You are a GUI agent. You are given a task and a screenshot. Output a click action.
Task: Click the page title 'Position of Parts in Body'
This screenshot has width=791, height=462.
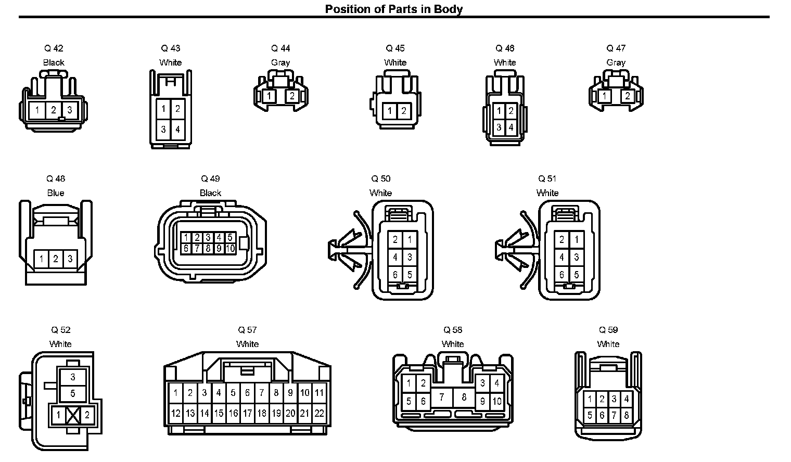[x=394, y=9]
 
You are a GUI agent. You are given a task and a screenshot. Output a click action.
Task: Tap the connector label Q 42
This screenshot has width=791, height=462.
[x=54, y=48]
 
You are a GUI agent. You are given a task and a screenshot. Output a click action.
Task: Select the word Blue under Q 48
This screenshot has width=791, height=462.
[x=56, y=192]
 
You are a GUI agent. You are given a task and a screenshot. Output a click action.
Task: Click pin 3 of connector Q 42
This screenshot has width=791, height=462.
[x=70, y=110]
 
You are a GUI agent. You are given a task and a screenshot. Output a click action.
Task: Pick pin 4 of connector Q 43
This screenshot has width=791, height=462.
[x=177, y=130]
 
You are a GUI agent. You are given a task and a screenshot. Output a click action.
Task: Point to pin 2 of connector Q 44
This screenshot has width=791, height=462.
[x=292, y=96]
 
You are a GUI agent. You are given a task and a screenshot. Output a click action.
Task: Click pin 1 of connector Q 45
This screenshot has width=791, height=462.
[x=389, y=111]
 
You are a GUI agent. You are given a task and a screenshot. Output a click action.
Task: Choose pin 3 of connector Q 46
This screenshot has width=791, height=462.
[x=499, y=127]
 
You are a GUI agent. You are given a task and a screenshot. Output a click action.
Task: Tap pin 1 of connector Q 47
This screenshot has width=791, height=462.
[x=605, y=96]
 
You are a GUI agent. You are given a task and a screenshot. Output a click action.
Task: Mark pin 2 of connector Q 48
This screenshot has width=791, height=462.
[x=56, y=259]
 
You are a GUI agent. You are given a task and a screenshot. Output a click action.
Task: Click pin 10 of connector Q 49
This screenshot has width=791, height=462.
[x=230, y=249]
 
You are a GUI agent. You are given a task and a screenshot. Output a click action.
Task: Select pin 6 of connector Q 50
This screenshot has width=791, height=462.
[x=395, y=275]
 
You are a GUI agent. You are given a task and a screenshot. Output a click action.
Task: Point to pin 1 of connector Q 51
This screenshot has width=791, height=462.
[x=576, y=240]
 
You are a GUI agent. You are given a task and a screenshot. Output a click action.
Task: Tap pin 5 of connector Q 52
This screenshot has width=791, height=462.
[x=73, y=393]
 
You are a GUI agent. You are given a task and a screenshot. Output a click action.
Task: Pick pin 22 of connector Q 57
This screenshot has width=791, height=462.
[x=319, y=413]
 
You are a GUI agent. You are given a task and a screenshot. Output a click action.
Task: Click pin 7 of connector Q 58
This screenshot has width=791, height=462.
[x=441, y=398]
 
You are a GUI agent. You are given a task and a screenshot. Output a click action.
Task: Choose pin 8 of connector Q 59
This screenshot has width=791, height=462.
[x=627, y=415]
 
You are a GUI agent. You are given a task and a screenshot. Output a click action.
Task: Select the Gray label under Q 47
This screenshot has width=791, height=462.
[x=616, y=62]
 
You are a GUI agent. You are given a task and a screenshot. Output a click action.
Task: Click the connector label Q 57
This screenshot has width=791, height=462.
[x=247, y=330]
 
